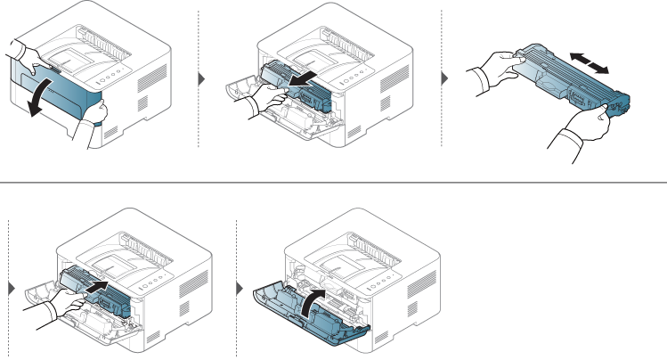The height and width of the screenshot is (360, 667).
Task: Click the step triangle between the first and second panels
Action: [x=201, y=78]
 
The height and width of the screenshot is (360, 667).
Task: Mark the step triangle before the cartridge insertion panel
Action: [x=11, y=288]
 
